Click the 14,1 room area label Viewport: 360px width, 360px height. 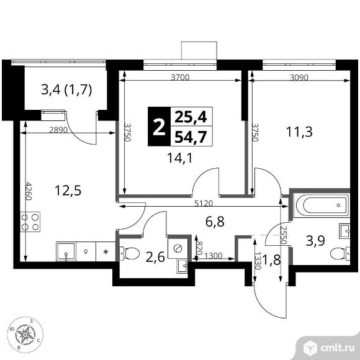180,158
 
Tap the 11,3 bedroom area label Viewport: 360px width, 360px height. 299,132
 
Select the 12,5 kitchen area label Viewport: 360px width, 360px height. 68,191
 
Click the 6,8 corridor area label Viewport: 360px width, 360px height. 215,222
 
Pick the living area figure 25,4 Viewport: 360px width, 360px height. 191,117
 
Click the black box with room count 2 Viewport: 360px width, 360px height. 160,127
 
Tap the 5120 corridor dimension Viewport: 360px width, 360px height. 204,204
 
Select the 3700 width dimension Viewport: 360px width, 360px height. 180,78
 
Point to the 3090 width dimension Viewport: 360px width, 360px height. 299,78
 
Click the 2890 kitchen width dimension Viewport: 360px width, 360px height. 58,130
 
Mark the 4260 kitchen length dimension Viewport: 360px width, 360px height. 29,191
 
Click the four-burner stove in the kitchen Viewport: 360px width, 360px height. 30,222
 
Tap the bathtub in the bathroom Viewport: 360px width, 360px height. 322,205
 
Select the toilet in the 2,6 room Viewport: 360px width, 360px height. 130,253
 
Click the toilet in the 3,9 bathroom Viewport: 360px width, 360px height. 340,254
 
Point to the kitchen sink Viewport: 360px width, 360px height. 66,251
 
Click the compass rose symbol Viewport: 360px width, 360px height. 25,335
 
